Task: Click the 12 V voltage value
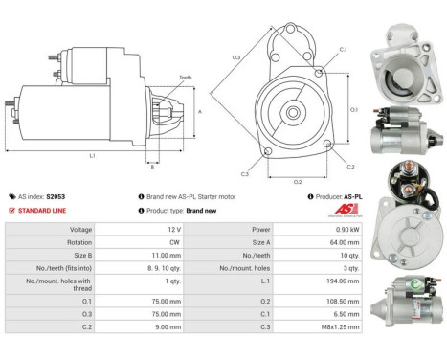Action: tap(171, 231)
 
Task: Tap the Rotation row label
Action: tap(79, 243)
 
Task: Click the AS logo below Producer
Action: tap(351, 211)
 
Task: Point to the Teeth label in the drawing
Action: tap(184, 78)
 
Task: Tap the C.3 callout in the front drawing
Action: tap(245, 174)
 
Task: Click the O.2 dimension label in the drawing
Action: tap(298, 179)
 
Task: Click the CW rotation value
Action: tap(171, 243)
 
